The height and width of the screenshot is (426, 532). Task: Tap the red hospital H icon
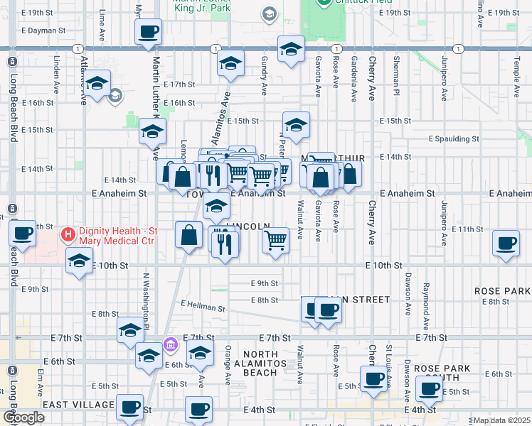click(x=68, y=233)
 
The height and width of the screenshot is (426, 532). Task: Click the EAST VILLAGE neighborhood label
click(x=79, y=405)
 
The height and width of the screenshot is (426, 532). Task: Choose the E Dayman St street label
click(x=43, y=31)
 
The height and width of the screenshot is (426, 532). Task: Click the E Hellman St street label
click(x=203, y=306)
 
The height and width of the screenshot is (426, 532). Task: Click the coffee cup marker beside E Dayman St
click(x=148, y=31)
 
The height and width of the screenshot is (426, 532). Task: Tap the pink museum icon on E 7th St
click(x=170, y=345)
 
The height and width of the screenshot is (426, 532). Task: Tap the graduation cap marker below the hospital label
click(x=79, y=260)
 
